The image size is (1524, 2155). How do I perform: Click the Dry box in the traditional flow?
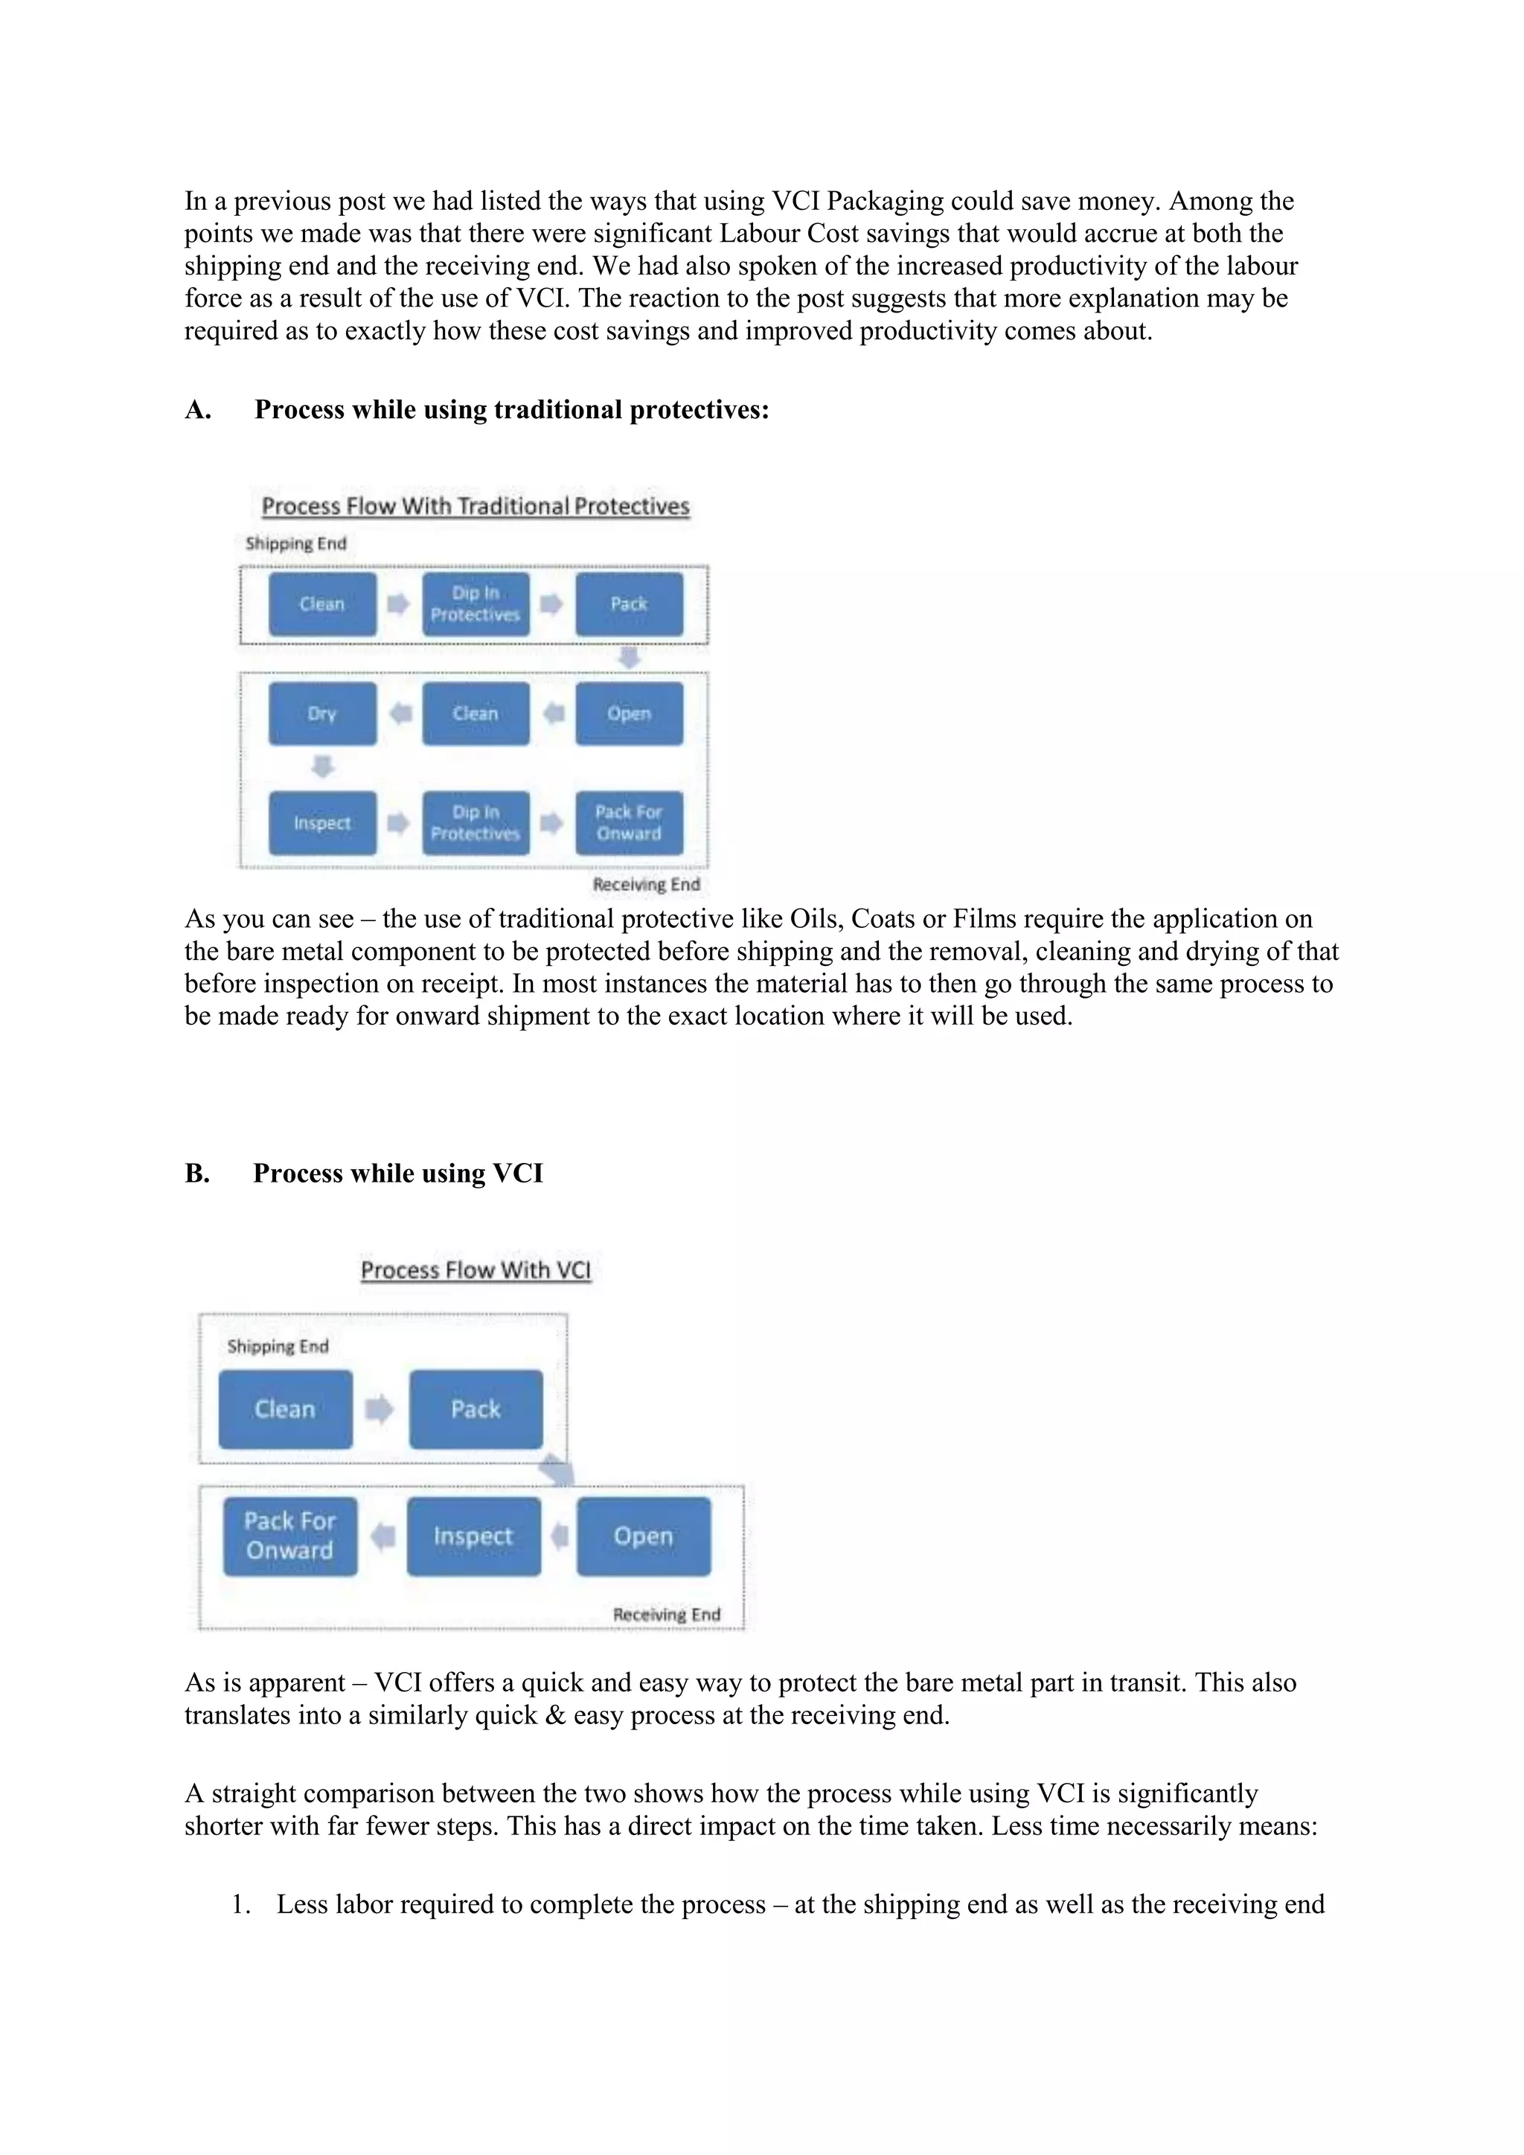click(322, 714)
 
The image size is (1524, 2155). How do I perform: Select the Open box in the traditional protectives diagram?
click(629, 714)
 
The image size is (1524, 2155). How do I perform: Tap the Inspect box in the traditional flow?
click(322, 823)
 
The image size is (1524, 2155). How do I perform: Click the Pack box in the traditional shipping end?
click(629, 603)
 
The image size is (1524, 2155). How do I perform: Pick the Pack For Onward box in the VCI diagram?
click(290, 1536)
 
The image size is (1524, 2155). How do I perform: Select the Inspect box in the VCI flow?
click(473, 1536)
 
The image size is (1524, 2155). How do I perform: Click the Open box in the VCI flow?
click(644, 1536)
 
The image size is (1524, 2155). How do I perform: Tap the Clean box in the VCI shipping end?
click(285, 1409)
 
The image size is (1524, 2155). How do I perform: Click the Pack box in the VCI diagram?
click(476, 1409)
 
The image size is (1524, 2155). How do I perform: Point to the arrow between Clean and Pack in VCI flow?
click(379, 1409)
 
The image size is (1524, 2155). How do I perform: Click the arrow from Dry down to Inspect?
click(322, 767)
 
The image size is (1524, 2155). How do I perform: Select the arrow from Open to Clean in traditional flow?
click(554, 714)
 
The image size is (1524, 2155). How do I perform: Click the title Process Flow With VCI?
click(476, 1270)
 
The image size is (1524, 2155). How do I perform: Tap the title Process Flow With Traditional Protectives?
click(475, 506)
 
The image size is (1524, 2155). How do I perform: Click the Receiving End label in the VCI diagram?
click(666, 1613)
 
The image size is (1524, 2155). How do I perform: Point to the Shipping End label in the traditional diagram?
click(295, 543)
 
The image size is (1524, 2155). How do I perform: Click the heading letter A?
click(197, 409)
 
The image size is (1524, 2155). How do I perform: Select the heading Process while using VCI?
click(398, 1173)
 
